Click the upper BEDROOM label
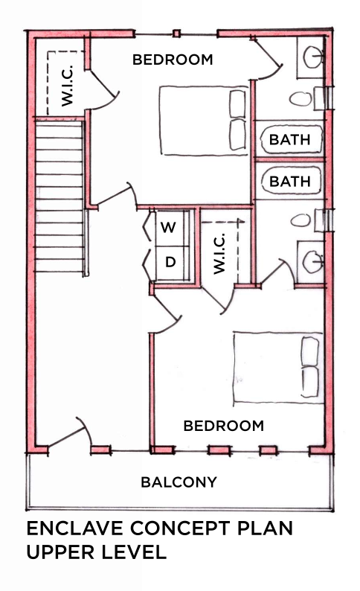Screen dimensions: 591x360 click(x=173, y=60)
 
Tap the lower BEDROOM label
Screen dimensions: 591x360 click(x=223, y=426)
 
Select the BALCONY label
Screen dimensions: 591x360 click(x=179, y=482)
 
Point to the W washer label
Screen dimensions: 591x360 click(x=169, y=228)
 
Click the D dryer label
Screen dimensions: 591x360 click(x=170, y=262)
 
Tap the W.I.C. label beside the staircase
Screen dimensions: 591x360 click(x=66, y=88)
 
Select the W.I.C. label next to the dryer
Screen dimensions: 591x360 click(x=219, y=254)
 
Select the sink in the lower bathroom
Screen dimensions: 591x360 click(x=312, y=261)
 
